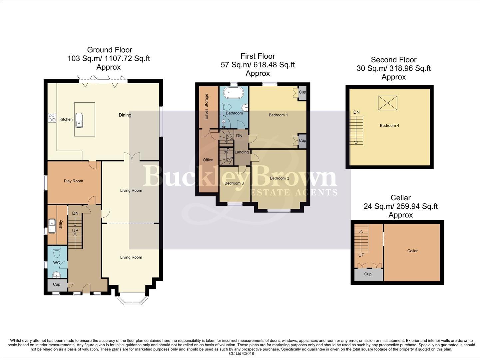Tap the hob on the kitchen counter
pyautogui.click(x=52, y=118)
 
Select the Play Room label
pyautogui.click(x=73, y=181)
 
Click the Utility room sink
pyautogui.click(x=52, y=226)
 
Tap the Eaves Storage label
pyautogui.click(x=207, y=107)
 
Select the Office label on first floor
pyautogui.click(x=208, y=160)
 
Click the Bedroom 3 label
pyautogui.click(x=234, y=183)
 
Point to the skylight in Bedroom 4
pyautogui.click(x=387, y=103)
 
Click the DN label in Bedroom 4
pyautogui.click(x=356, y=112)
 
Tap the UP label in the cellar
pyautogui.click(x=361, y=255)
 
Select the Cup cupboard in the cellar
pyautogui.click(x=368, y=274)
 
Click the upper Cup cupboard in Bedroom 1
pyautogui.click(x=302, y=92)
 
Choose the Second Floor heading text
pyautogui.click(x=393, y=60)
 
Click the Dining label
pyautogui.click(x=125, y=115)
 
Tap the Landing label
pyautogui.click(x=241, y=152)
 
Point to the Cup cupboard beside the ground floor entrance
pyautogui.click(x=57, y=284)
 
